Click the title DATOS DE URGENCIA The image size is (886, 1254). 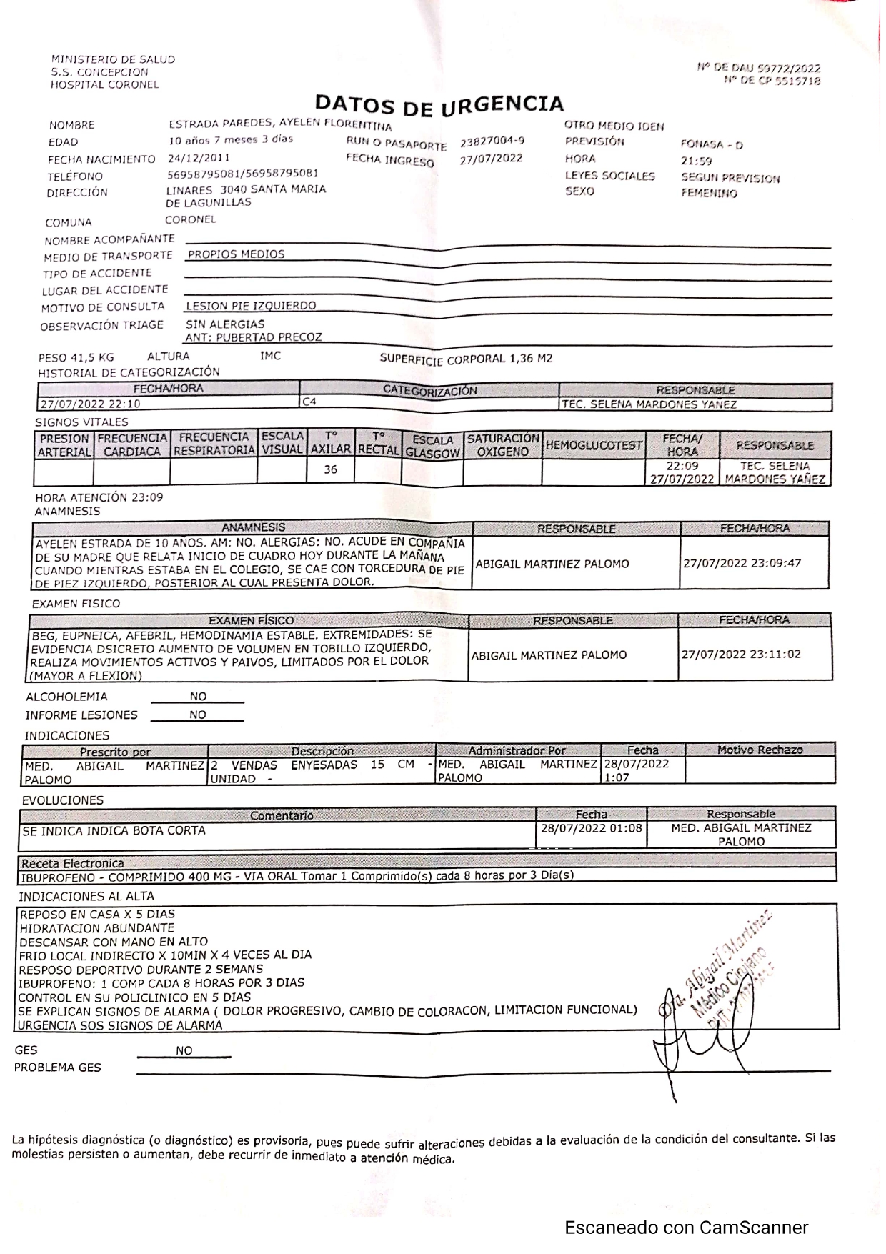click(439, 105)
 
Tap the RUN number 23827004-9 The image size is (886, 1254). click(492, 141)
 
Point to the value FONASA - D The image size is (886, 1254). click(711, 144)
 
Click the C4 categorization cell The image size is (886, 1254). click(309, 402)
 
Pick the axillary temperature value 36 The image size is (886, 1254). click(330, 469)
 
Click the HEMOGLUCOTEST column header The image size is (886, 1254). click(593, 446)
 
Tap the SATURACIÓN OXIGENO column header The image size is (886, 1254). click(502, 444)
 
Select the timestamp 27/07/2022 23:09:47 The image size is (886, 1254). click(742, 563)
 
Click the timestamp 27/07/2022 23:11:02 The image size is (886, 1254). click(741, 654)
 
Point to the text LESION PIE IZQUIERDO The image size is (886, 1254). click(250, 306)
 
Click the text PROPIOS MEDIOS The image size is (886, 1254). click(236, 254)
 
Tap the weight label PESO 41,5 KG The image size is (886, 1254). click(76, 357)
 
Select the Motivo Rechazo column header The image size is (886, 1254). click(760, 750)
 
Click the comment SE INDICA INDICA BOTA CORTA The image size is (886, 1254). click(114, 830)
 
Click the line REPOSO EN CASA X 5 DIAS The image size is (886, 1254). click(97, 914)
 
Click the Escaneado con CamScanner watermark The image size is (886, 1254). click(686, 1228)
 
